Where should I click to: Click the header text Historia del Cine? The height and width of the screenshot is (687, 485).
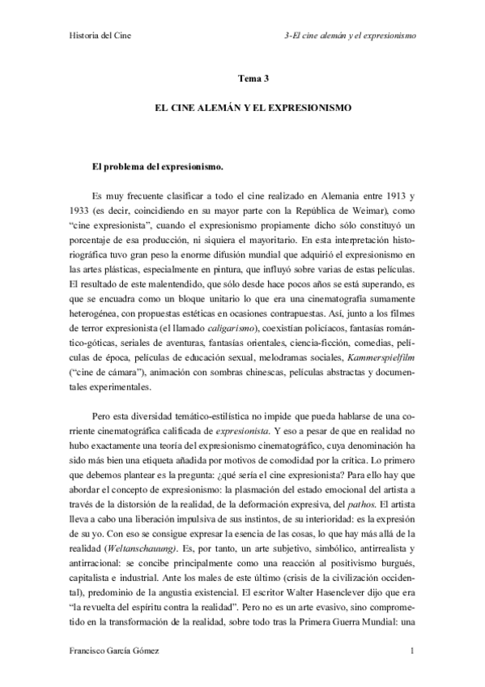coord(96,36)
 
